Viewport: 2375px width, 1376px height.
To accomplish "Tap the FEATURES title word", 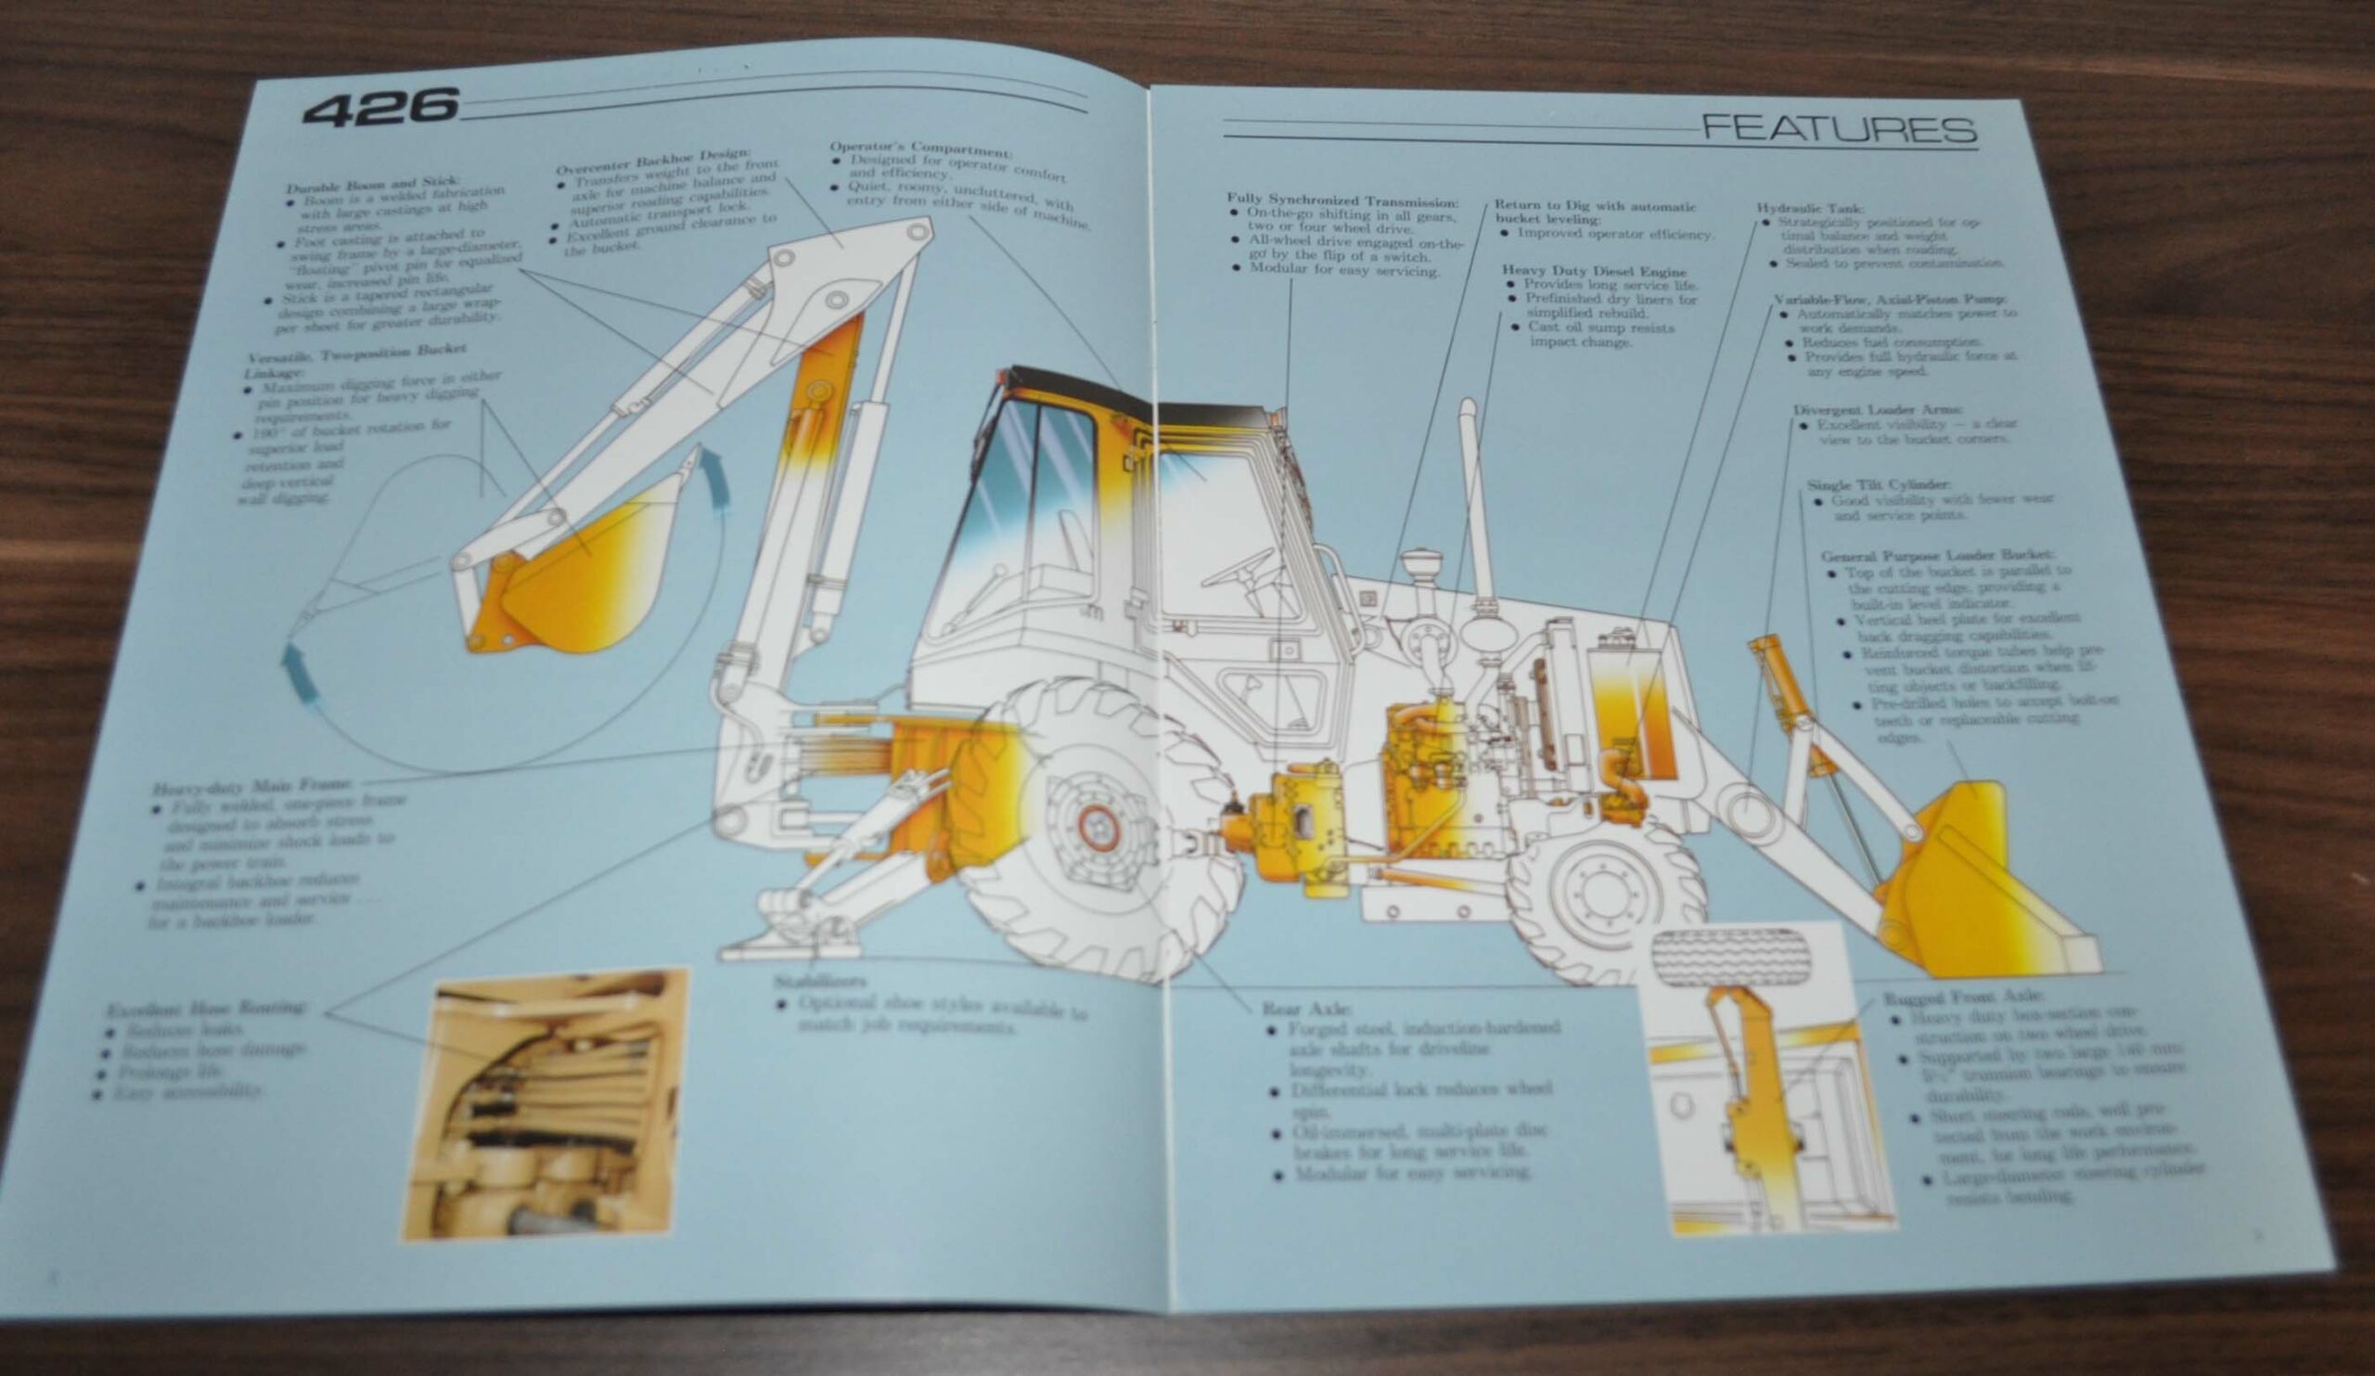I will click(x=1839, y=129).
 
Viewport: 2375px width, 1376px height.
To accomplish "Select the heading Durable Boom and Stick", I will click(x=373, y=183).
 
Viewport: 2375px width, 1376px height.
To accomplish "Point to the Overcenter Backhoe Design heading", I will click(x=652, y=161).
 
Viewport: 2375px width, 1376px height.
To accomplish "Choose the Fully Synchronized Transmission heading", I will click(x=1342, y=199).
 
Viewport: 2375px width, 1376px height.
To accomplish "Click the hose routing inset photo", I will click(x=544, y=1103).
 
